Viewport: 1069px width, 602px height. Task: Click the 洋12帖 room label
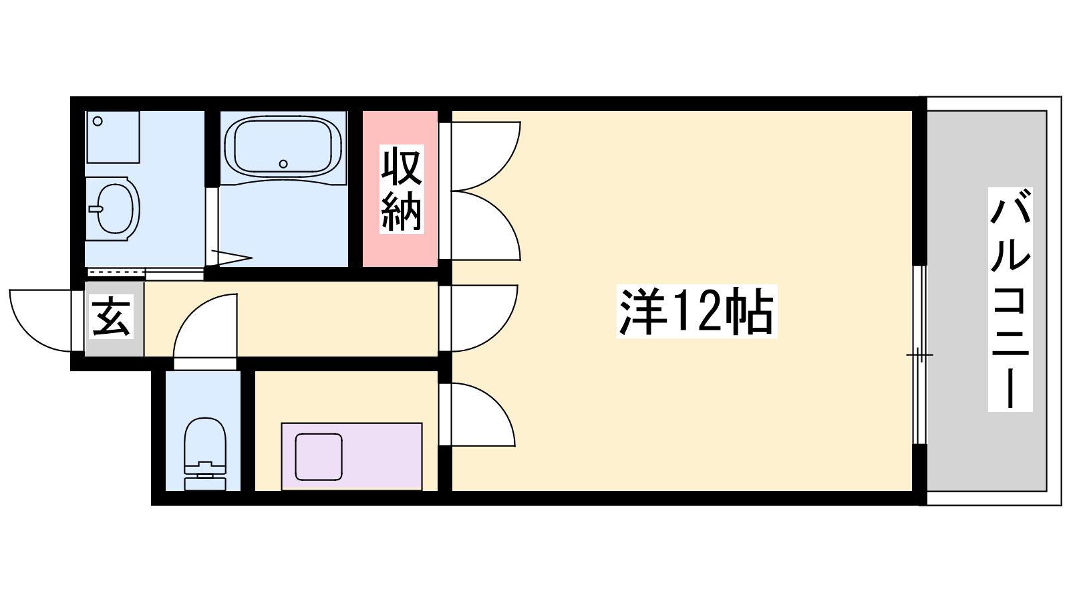(697, 311)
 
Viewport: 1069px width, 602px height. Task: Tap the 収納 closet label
(402, 189)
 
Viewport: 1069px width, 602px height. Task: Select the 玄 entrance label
(111, 317)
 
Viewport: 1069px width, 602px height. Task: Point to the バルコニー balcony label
(1010, 300)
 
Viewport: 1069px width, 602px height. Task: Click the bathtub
(283, 147)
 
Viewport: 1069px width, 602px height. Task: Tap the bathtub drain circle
(283, 164)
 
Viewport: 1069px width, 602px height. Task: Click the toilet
(204, 454)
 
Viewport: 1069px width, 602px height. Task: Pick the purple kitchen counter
(351, 456)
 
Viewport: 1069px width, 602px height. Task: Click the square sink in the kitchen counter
(318, 457)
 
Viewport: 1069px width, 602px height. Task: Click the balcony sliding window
(919, 355)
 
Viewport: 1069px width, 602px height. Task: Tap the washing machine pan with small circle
(113, 137)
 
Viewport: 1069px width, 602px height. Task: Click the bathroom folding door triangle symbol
(231, 258)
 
